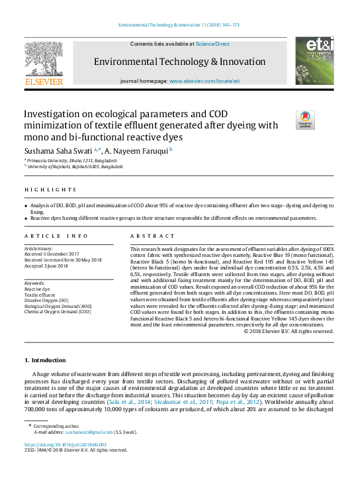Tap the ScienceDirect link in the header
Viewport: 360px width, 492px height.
(x=212, y=44)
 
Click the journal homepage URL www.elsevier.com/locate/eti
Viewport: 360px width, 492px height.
(x=204, y=80)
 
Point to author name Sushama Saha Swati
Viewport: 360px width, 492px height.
(x=58, y=150)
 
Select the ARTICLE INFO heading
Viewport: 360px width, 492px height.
(x=56, y=236)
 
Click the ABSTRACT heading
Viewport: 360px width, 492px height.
(x=148, y=236)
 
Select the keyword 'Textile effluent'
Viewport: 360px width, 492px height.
(x=42, y=295)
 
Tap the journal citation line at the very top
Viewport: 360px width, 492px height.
(x=179, y=25)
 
